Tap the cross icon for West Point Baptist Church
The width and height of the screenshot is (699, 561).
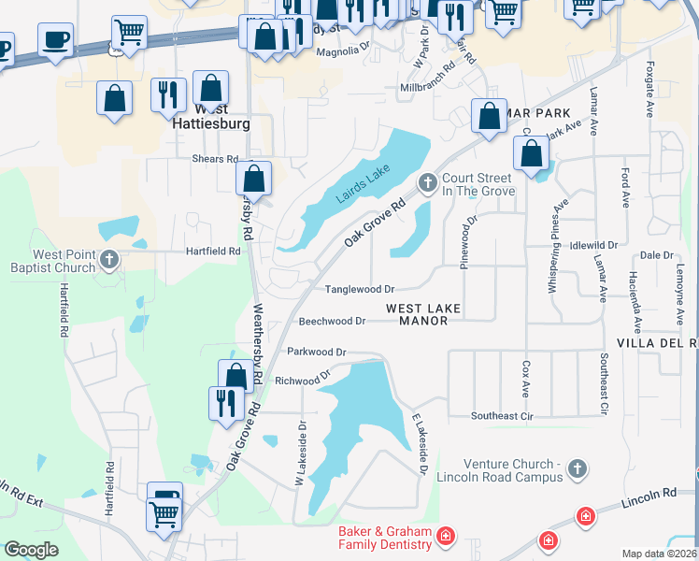109,260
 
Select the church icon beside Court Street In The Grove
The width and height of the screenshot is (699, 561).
428,182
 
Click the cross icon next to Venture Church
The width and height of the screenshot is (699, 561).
577,469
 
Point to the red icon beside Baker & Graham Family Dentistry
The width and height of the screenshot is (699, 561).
446,536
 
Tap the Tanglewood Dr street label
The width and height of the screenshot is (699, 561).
359,289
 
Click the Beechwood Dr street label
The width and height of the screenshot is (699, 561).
331,321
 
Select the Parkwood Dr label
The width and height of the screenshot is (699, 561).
317,352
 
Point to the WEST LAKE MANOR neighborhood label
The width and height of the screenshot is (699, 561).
423,314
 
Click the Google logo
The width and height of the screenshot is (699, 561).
32,550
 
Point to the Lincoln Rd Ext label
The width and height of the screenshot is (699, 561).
19,496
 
